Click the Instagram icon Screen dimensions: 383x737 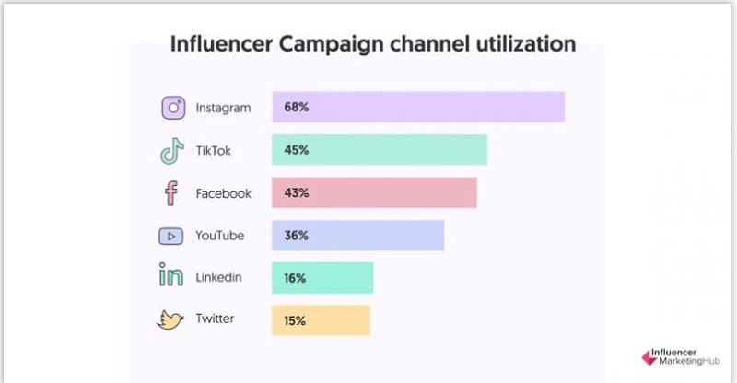tap(173, 108)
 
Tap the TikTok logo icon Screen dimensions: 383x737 tap(172, 151)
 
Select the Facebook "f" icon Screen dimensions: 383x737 tap(171, 193)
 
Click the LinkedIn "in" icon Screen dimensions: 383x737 tap(171, 277)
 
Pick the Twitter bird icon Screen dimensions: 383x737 tap(171, 319)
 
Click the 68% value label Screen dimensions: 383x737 tap(297, 108)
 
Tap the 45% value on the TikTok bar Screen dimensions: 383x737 tap(297, 151)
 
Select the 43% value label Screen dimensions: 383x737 tap(297, 193)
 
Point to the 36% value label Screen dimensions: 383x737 tap(297, 236)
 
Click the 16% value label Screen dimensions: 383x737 tap(296, 277)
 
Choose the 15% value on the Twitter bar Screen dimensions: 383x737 tap(296, 319)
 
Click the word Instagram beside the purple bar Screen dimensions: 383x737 tap(223, 108)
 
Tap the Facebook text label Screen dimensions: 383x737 tap(223, 193)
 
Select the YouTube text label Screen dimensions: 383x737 tap(220, 236)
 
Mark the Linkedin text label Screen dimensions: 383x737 tap(219, 277)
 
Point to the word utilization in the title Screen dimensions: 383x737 tap(523, 44)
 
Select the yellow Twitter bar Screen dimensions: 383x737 tap(321, 319)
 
